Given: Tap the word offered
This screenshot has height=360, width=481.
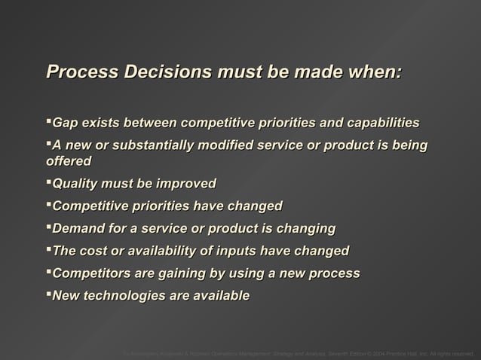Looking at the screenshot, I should [69, 161].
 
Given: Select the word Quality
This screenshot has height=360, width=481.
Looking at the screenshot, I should [76, 184].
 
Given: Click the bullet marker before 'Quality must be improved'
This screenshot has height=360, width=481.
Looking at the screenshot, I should [49, 182].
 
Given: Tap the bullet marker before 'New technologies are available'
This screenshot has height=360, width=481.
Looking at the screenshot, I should [49, 294].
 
